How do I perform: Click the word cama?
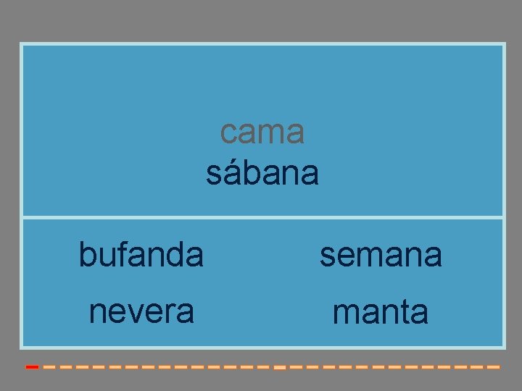[x=262, y=132]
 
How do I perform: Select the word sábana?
[x=262, y=173]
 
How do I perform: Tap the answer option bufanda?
[x=141, y=254]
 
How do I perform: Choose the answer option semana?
[x=381, y=254]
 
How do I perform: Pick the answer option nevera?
[x=141, y=311]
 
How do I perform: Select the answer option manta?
[x=381, y=312]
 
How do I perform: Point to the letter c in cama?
[x=228, y=133]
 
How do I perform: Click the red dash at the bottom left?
[x=32, y=367]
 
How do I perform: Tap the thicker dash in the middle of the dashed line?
[x=279, y=368]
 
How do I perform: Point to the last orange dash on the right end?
[x=494, y=367]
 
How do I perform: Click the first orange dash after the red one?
[x=48, y=367]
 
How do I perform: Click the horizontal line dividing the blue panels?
[x=262, y=216]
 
